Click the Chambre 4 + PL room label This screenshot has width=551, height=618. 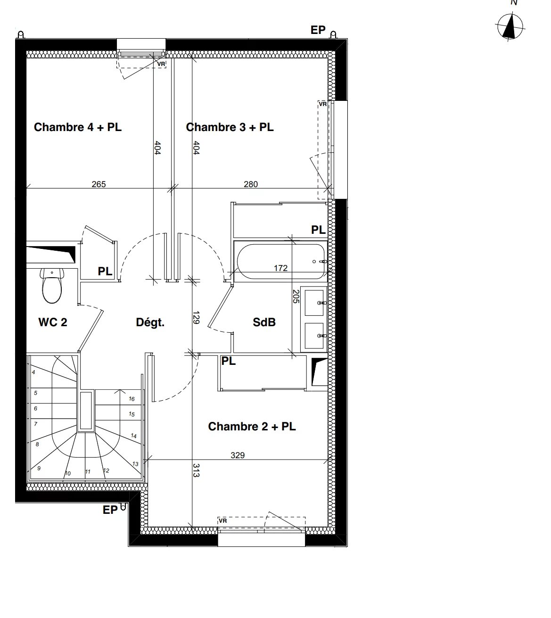tap(77, 127)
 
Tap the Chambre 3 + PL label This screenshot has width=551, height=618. tap(230, 127)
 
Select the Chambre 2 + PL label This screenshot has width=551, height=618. tap(252, 427)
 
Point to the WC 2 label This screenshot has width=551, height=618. tap(53, 322)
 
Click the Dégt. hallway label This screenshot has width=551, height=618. tap(150, 322)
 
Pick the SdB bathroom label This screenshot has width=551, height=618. tap(264, 322)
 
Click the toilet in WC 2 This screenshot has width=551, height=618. tap(52, 286)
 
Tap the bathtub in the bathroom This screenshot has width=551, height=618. tap(281, 261)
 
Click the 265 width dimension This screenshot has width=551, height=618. tap(99, 184)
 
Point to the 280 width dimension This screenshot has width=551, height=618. tap(251, 184)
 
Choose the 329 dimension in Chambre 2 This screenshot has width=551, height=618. tap(238, 455)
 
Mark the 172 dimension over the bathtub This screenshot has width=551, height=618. tap(281, 268)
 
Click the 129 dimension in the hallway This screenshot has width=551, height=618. tap(196, 318)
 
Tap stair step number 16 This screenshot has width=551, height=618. tap(132, 399)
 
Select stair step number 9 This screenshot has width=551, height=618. tap(39, 468)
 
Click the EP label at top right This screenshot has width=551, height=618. tap(318, 30)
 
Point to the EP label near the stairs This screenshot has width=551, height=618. tap(110, 510)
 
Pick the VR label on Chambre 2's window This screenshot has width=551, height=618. tap(223, 521)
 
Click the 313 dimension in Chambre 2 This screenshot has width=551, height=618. tap(196, 470)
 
